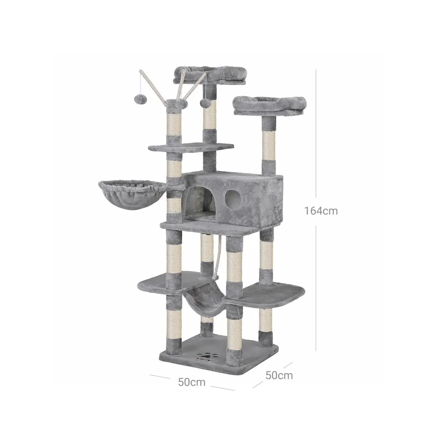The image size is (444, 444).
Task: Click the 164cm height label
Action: tap(321, 211)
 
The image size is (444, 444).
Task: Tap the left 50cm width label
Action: tap(192, 382)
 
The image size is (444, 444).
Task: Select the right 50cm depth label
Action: tap(279, 375)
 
